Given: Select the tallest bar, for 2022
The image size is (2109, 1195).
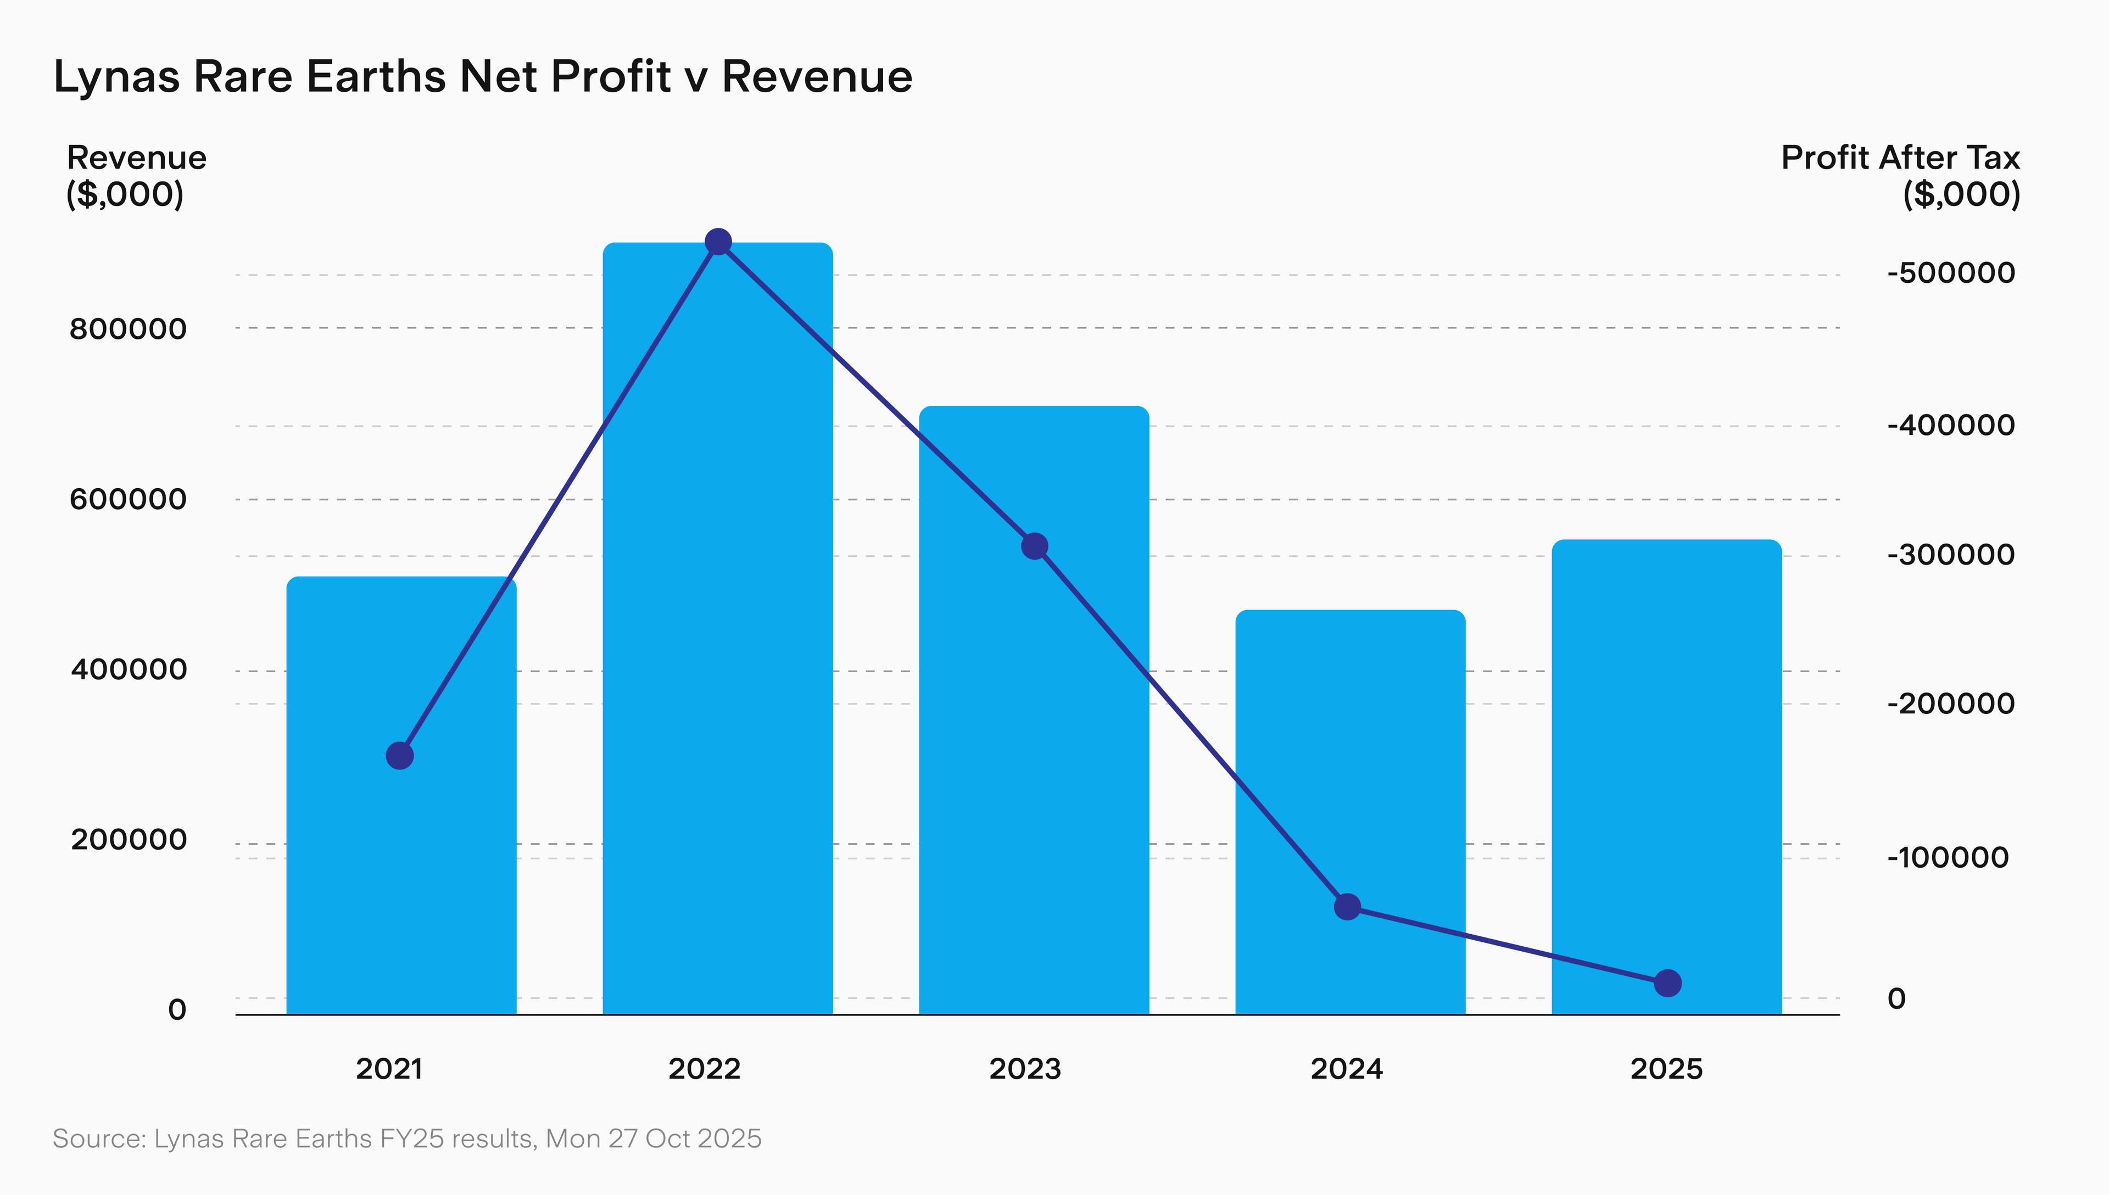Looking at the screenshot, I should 717,657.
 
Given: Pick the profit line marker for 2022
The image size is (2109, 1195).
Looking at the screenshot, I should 718,242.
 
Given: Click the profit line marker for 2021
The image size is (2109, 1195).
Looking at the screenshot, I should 400,755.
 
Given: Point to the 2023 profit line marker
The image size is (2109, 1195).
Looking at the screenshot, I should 1034,546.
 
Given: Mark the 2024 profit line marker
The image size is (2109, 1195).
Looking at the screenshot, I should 1347,907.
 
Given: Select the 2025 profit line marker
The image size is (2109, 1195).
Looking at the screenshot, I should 1667,982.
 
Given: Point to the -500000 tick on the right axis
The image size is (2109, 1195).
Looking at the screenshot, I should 1951,273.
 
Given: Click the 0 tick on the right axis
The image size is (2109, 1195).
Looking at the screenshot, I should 1896,999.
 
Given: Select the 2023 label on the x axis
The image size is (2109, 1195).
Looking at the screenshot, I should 1025,1069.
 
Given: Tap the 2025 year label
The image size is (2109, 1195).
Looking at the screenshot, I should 1666,1069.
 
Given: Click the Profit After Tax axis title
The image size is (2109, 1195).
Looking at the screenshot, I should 1900,158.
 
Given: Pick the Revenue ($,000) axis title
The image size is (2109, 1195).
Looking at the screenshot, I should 136,175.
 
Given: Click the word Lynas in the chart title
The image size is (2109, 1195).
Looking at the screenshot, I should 116,77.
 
